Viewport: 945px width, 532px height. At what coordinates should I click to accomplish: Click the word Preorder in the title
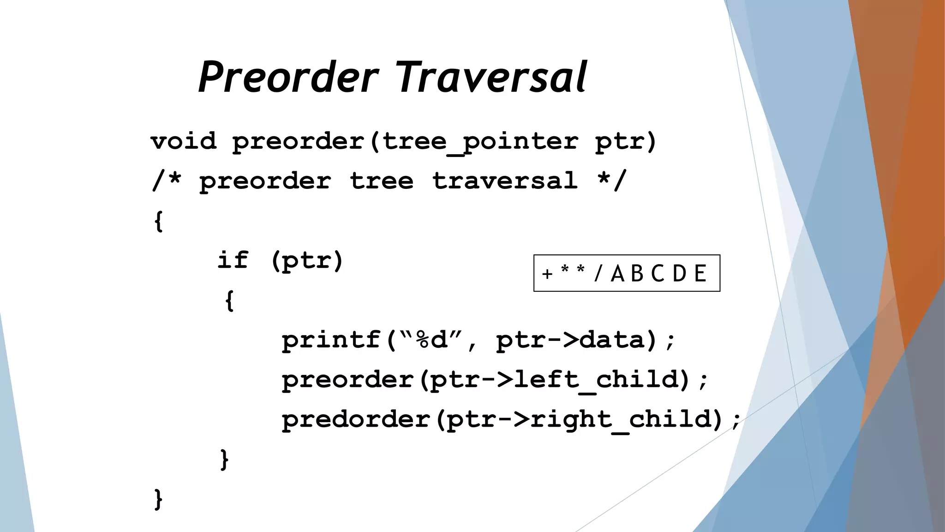coord(288,78)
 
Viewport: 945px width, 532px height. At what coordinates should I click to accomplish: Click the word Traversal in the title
coord(491,78)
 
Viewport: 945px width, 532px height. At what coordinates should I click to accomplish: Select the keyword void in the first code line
coord(184,141)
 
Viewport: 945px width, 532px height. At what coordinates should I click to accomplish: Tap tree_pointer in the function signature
coord(480,141)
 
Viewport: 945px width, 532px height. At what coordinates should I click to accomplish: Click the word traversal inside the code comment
coord(505,181)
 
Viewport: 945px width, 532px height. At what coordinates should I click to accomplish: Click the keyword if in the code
coord(233,260)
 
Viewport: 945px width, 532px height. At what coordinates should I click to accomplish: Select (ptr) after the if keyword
coord(307,261)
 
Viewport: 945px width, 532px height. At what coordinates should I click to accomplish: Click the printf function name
coord(331,340)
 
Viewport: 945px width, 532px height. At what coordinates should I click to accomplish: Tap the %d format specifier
coord(431,340)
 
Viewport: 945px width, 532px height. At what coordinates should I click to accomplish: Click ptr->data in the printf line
coord(570,340)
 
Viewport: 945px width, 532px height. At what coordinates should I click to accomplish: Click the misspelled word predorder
coord(356,420)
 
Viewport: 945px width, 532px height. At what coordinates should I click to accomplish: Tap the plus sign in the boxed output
coord(547,274)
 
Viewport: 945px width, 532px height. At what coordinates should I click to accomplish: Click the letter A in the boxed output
coord(617,273)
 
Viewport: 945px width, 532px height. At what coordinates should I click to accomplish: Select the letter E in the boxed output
coord(700,273)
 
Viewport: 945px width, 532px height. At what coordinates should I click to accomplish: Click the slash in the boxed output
coord(598,273)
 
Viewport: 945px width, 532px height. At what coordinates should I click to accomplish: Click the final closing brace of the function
coord(158,499)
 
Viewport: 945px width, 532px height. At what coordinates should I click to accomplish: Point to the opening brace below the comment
coord(158,221)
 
